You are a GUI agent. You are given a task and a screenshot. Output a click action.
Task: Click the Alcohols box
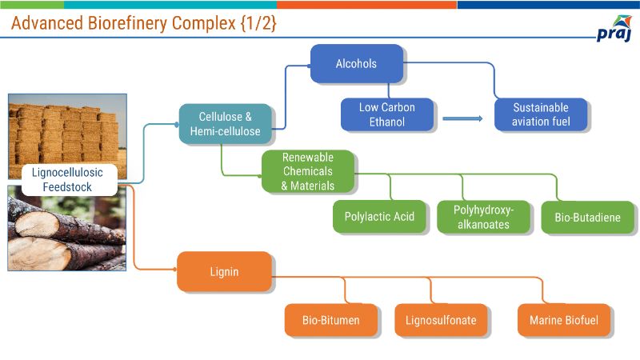point(356,63)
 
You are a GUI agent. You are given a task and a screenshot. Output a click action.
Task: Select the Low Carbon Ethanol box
point(387,115)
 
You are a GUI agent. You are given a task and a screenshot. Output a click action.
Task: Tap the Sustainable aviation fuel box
point(541,115)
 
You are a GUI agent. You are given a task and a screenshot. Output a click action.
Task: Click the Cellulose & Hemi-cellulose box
point(225,124)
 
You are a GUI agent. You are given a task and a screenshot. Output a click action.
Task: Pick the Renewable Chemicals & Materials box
point(307,171)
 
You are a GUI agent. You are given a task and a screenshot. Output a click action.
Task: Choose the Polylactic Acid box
point(379,216)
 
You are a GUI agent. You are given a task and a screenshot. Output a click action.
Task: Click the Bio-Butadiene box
point(587,217)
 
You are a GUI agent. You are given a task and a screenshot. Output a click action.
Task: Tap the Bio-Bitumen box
point(330,320)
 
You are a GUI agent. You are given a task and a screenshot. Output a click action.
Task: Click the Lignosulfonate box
point(440,320)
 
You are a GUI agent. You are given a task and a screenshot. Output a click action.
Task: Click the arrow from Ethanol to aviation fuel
point(462,118)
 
